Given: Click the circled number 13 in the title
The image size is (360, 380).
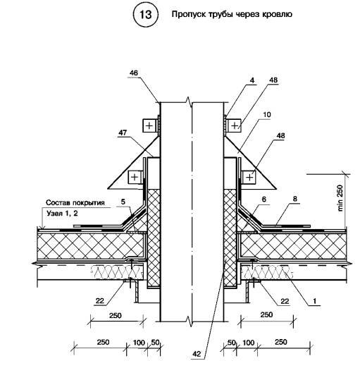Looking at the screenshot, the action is click(146, 15).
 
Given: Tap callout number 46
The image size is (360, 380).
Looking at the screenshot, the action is click(133, 73).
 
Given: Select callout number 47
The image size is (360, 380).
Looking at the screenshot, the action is click(123, 133).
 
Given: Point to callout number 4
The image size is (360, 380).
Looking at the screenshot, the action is click(252, 80).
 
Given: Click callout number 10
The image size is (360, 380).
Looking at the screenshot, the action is click(267, 114).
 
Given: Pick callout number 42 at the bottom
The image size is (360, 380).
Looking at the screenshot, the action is click(197, 354).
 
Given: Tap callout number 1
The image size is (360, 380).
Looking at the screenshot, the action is click(314, 301).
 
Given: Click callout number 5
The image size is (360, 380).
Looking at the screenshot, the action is click(123, 202).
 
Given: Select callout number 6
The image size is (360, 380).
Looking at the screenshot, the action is click(264, 199).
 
